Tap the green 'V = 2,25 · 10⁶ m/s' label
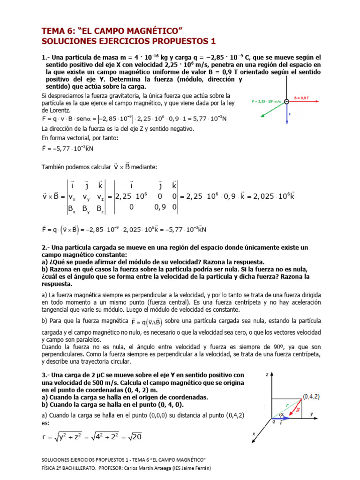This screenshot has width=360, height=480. pos(266,101)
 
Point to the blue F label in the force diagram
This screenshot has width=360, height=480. pos(290,114)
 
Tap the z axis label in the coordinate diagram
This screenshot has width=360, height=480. pos(266,375)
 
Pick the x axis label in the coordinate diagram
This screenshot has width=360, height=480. pos(254,434)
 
